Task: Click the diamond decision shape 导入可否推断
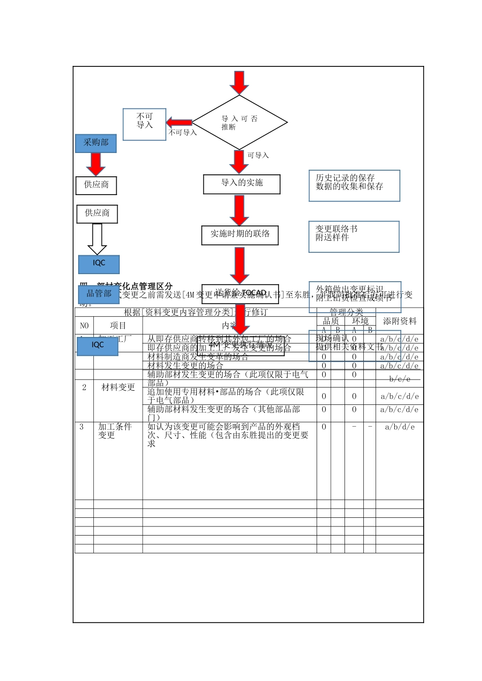[239, 122]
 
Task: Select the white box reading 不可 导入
[145, 124]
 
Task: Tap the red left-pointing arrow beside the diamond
[179, 122]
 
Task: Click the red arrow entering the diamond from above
[239, 82]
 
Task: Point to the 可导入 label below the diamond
[258, 156]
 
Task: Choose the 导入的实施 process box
[242, 184]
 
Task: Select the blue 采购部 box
[96, 143]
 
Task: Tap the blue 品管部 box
[99, 294]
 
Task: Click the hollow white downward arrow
[97, 239]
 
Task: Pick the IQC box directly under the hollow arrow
[99, 264]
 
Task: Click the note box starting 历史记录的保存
[354, 185]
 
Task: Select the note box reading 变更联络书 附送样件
[354, 236]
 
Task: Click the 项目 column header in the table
[118, 325]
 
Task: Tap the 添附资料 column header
[399, 321]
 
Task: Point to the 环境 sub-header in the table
[360, 321]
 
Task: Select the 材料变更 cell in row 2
[118, 388]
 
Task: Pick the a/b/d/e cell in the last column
[399, 427]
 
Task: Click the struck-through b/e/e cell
[399, 379]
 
